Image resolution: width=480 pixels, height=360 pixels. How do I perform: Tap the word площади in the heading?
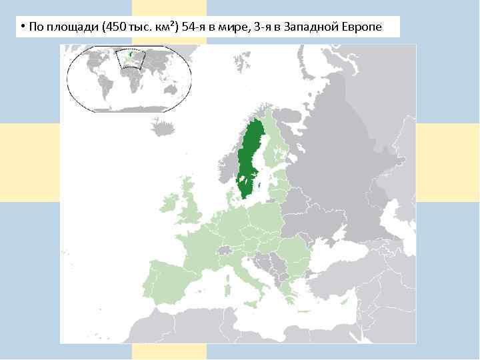pyautogui.click(x=71, y=27)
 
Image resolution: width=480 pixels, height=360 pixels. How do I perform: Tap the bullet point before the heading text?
pyautogui.click(x=22, y=27)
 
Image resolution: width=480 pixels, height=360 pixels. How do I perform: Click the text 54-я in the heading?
pyautogui.click(x=194, y=27)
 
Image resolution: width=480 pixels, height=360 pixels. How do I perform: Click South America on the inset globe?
pyautogui.click(x=104, y=87)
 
